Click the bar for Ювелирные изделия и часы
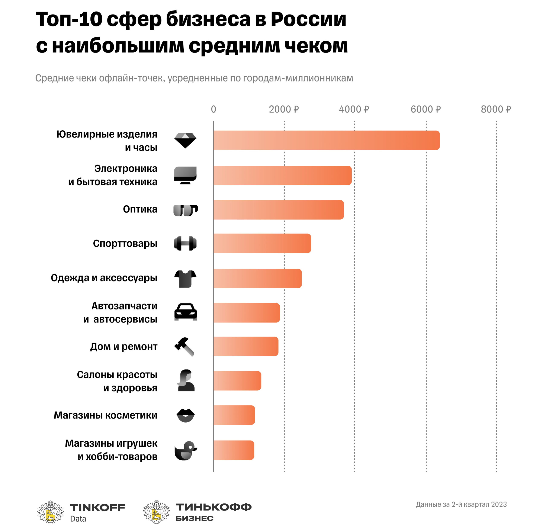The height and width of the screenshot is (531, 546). point(326,140)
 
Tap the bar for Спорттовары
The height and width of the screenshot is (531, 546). point(262,244)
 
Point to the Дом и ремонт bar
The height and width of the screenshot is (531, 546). point(245,346)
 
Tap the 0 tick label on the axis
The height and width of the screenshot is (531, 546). point(213,109)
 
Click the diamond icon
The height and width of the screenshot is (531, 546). point(185,140)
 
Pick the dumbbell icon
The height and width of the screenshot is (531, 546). point(185,244)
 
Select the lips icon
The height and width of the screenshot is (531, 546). point(185,416)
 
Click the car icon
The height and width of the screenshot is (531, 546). point(185,312)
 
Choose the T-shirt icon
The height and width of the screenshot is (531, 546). point(185,279)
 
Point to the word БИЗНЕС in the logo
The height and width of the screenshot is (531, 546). point(194,518)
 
